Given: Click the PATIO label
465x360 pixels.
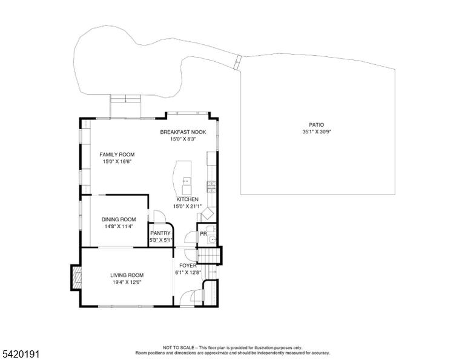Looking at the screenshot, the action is click(x=317, y=125).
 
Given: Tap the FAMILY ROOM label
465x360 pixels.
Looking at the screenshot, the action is click(x=117, y=155).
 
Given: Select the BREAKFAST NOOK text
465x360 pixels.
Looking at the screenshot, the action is click(x=183, y=132).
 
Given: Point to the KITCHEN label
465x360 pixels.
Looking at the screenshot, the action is click(x=188, y=199).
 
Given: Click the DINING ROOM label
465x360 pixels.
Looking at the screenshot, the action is click(x=119, y=219).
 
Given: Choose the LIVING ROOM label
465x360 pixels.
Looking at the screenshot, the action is click(x=127, y=275).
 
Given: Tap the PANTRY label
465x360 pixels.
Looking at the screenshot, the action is click(x=160, y=233).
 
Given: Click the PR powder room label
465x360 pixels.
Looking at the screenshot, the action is click(x=203, y=234).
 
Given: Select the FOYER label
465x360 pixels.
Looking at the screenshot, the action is click(x=188, y=265).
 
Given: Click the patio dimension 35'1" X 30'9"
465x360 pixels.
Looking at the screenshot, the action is click(x=317, y=132).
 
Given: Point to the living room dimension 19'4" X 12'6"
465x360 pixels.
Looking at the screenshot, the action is click(x=127, y=282).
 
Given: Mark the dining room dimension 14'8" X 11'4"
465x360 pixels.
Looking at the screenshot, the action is click(x=119, y=227).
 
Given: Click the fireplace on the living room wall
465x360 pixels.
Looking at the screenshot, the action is click(x=76, y=278).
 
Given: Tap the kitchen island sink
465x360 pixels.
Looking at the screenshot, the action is click(x=187, y=181).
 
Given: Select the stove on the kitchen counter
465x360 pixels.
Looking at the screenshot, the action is click(x=211, y=187).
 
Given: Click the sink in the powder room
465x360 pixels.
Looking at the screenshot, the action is click(x=212, y=239).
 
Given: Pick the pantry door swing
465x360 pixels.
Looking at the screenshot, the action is click(x=159, y=216).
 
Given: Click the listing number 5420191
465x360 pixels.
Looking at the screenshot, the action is click(x=21, y=354).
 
